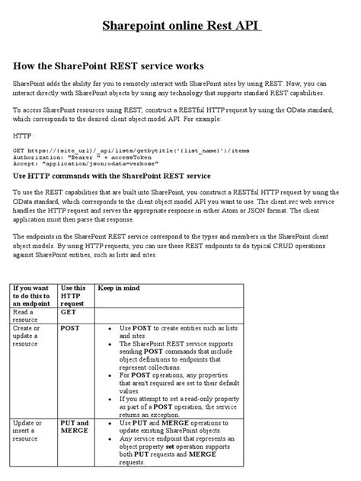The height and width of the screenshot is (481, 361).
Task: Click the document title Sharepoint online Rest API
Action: [180, 28]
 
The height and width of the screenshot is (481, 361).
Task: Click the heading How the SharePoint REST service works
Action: [108, 67]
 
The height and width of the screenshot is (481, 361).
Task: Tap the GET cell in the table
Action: [69, 312]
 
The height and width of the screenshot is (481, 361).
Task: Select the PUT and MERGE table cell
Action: [74, 426]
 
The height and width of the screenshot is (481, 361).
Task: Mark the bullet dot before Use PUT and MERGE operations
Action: [111, 422]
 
